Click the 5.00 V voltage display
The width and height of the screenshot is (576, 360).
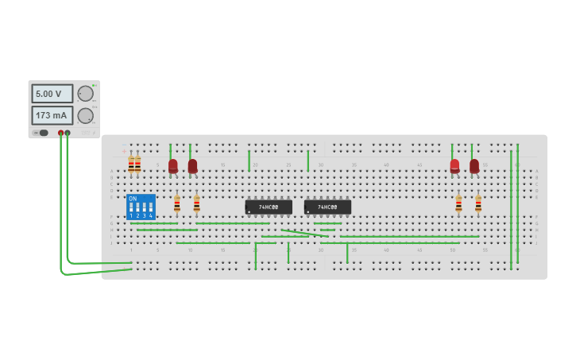point(52,94)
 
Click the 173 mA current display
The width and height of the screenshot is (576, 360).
point(52,115)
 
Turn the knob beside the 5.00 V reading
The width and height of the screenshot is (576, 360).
point(85,94)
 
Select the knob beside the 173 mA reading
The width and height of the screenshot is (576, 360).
point(85,116)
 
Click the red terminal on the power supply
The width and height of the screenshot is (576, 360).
point(60,133)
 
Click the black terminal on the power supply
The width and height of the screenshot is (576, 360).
point(68,133)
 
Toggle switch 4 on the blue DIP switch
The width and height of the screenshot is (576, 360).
point(150,208)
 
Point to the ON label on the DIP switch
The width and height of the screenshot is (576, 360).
point(132,198)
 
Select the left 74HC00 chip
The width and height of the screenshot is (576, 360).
point(269,207)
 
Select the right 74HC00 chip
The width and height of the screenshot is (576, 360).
point(327,207)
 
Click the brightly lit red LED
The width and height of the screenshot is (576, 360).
point(454,166)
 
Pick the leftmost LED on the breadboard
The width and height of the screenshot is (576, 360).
point(173,166)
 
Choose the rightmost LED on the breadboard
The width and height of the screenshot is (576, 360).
point(474,166)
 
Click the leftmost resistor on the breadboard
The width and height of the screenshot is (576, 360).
point(131,165)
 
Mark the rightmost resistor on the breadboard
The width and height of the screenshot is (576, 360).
point(478,203)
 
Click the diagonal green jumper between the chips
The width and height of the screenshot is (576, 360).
point(305,234)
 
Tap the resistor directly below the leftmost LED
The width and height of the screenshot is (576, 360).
point(176,204)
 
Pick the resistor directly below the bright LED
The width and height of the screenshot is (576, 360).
point(458,203)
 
